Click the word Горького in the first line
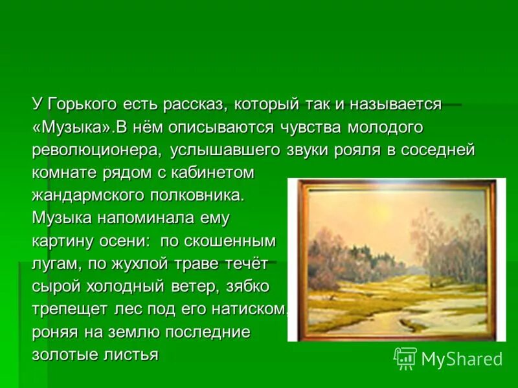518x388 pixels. click(81, 103)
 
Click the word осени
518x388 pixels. click(116, 241)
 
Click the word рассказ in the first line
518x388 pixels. click(193, 103)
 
